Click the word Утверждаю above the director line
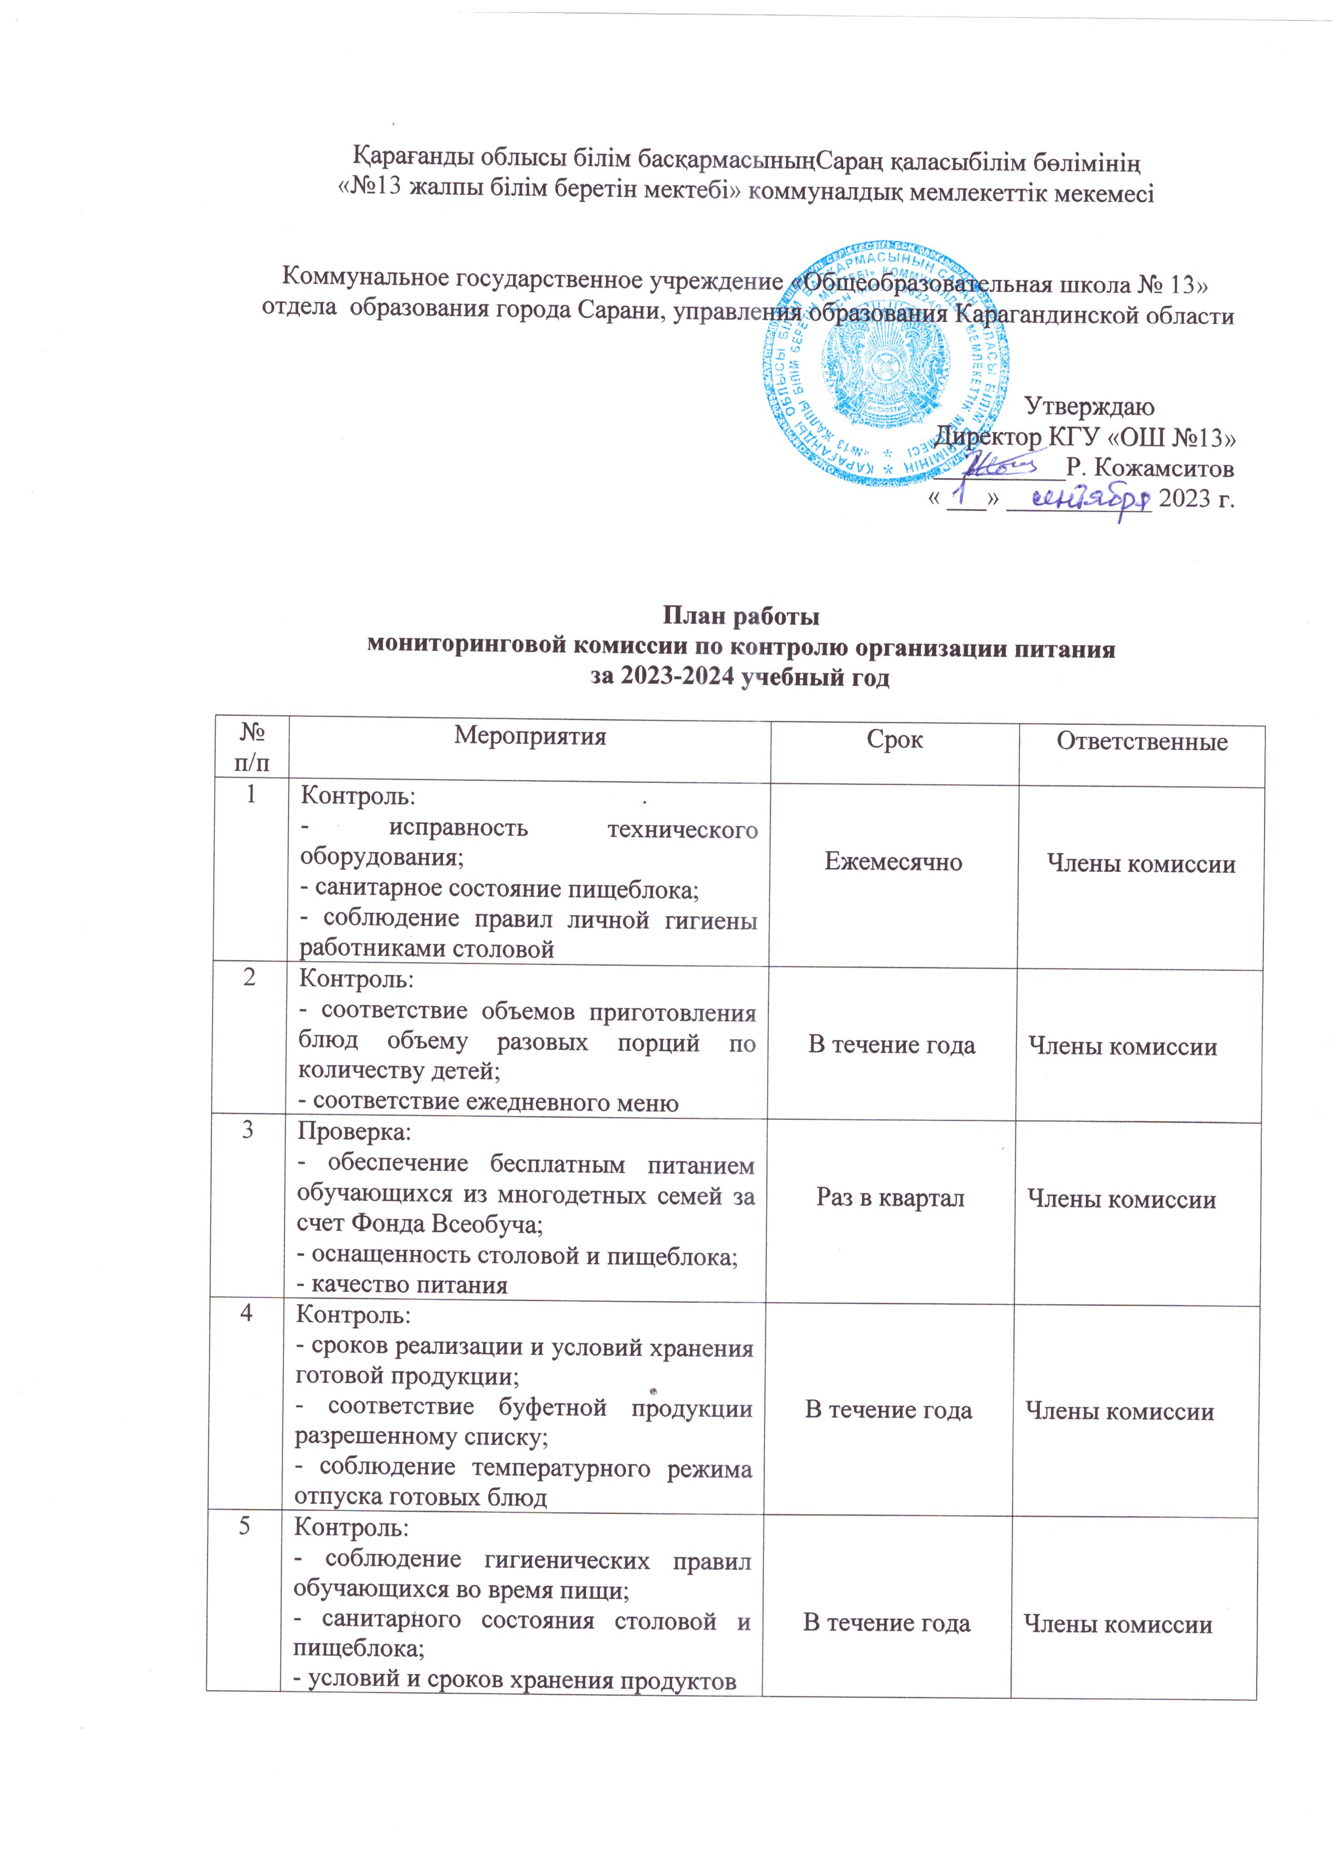[1088, 405]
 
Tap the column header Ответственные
[1141, 741]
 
